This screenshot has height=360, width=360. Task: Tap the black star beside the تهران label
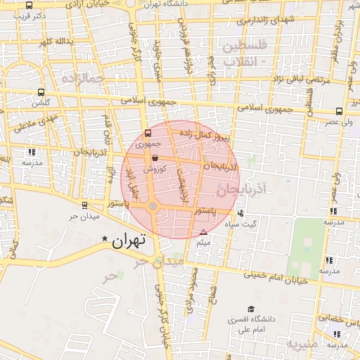pos(105,240)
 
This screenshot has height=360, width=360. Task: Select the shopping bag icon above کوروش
pos(155,160)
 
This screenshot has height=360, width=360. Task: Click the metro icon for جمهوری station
pos(148,132)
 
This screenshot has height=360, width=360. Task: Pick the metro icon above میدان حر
pos(84,205)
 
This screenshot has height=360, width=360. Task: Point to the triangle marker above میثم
pos(204,232)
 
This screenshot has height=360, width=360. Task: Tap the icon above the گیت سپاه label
pos(241,214)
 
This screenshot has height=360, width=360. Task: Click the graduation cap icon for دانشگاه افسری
pos(251,309)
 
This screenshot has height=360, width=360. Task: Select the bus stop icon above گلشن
pos(41,92)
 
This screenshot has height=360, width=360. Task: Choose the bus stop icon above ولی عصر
pos(340,111)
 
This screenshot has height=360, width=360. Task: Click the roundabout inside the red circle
pos(153,206)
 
